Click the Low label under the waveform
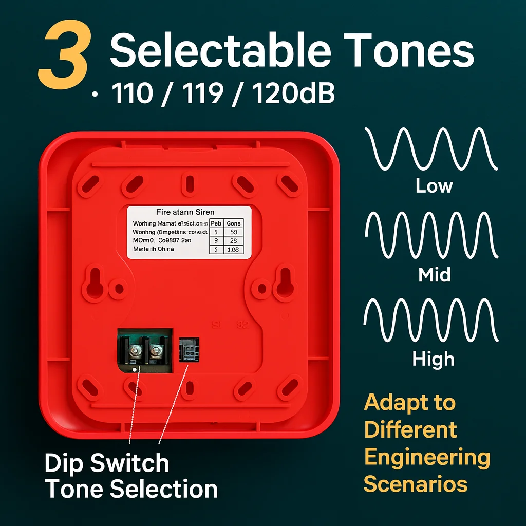click(x=434, y=186)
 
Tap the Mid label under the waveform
click(x=434, y=274)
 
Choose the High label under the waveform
click(x=434, y=359)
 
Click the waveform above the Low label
click(x=431, y=149)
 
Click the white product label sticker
click(x=189, y=232)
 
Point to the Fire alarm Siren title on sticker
click(x=185, y=212)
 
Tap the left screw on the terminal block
click(x=135, y=351)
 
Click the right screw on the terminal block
click(x=155, y=351)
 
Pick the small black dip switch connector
click(x=189, y=350)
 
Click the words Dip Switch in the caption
click(x=107, y=463)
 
